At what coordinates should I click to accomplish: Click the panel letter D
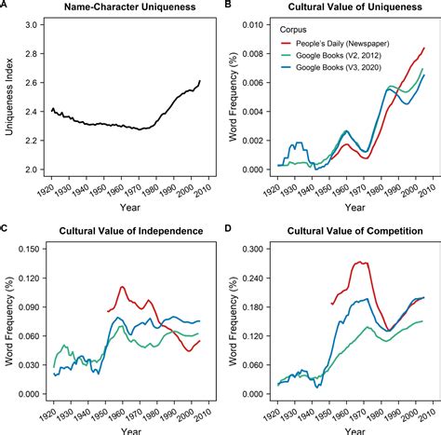(x=226, y=230)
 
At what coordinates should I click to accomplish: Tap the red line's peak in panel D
(x=355, y=263)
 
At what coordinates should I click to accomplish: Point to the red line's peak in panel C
(x=122, y=287)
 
